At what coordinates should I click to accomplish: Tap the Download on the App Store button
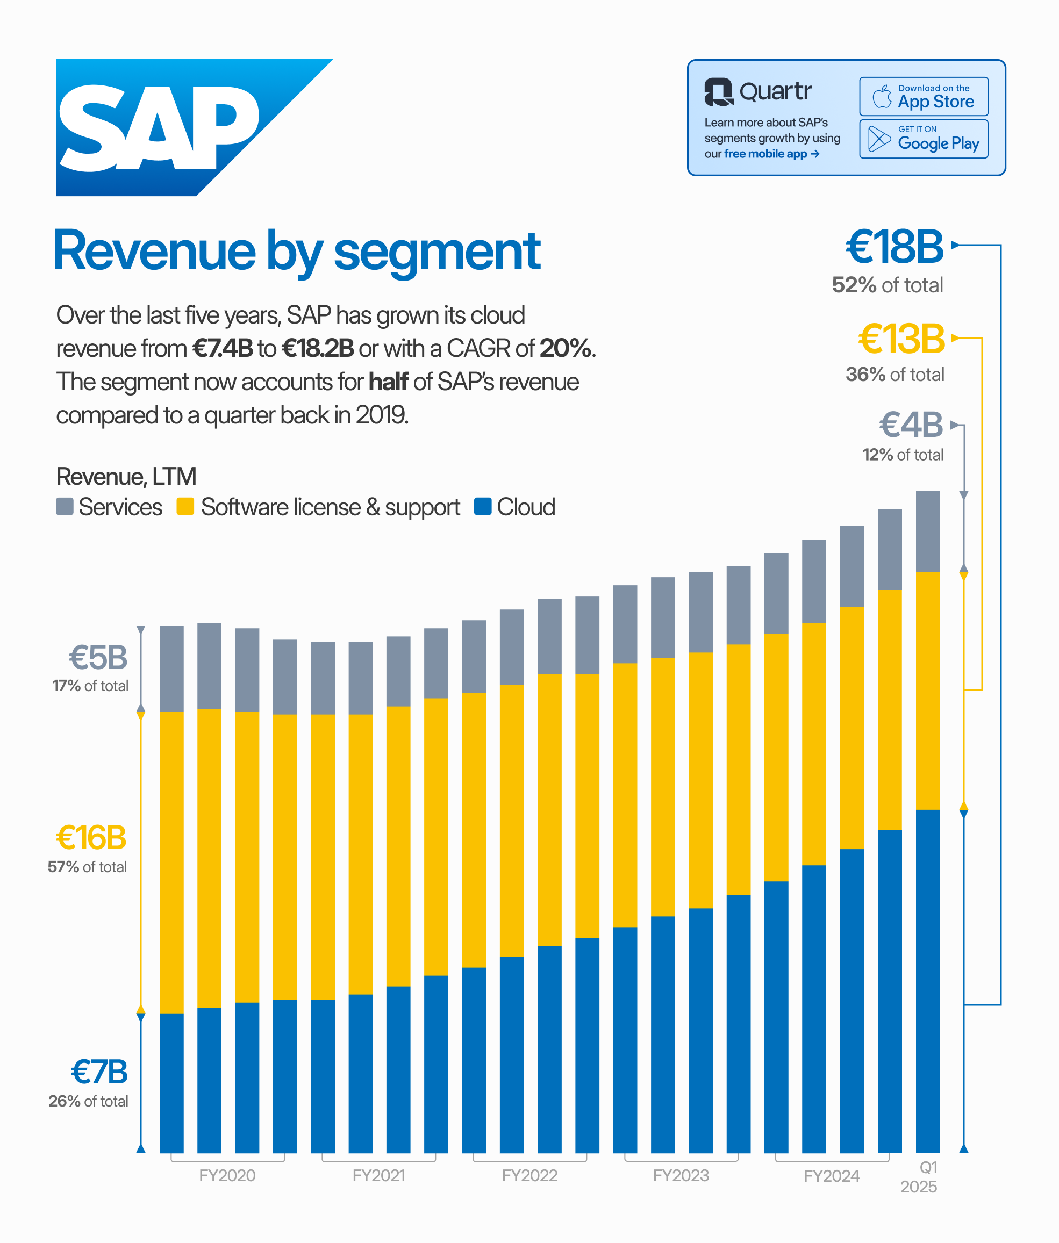(923, 97)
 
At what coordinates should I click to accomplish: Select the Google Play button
(923, 139)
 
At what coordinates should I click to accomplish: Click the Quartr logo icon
(718, 92)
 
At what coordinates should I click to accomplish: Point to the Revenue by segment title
(297, 252)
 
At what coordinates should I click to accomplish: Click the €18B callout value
(894, 247)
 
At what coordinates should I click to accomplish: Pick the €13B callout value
(901, 339)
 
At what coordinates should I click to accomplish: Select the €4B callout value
(911, 425)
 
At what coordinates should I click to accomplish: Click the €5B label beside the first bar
(98, 657)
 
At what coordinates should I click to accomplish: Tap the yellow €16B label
(91, 837)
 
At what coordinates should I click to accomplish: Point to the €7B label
(99, 1072)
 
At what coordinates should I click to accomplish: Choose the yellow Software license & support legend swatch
(185, 506)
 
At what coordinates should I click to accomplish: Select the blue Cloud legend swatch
(482, 506)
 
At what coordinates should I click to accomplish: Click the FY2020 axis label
(227, 1175)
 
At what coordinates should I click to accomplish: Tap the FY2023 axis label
(681, 1175)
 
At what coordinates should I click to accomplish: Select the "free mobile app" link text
(765, 154)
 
